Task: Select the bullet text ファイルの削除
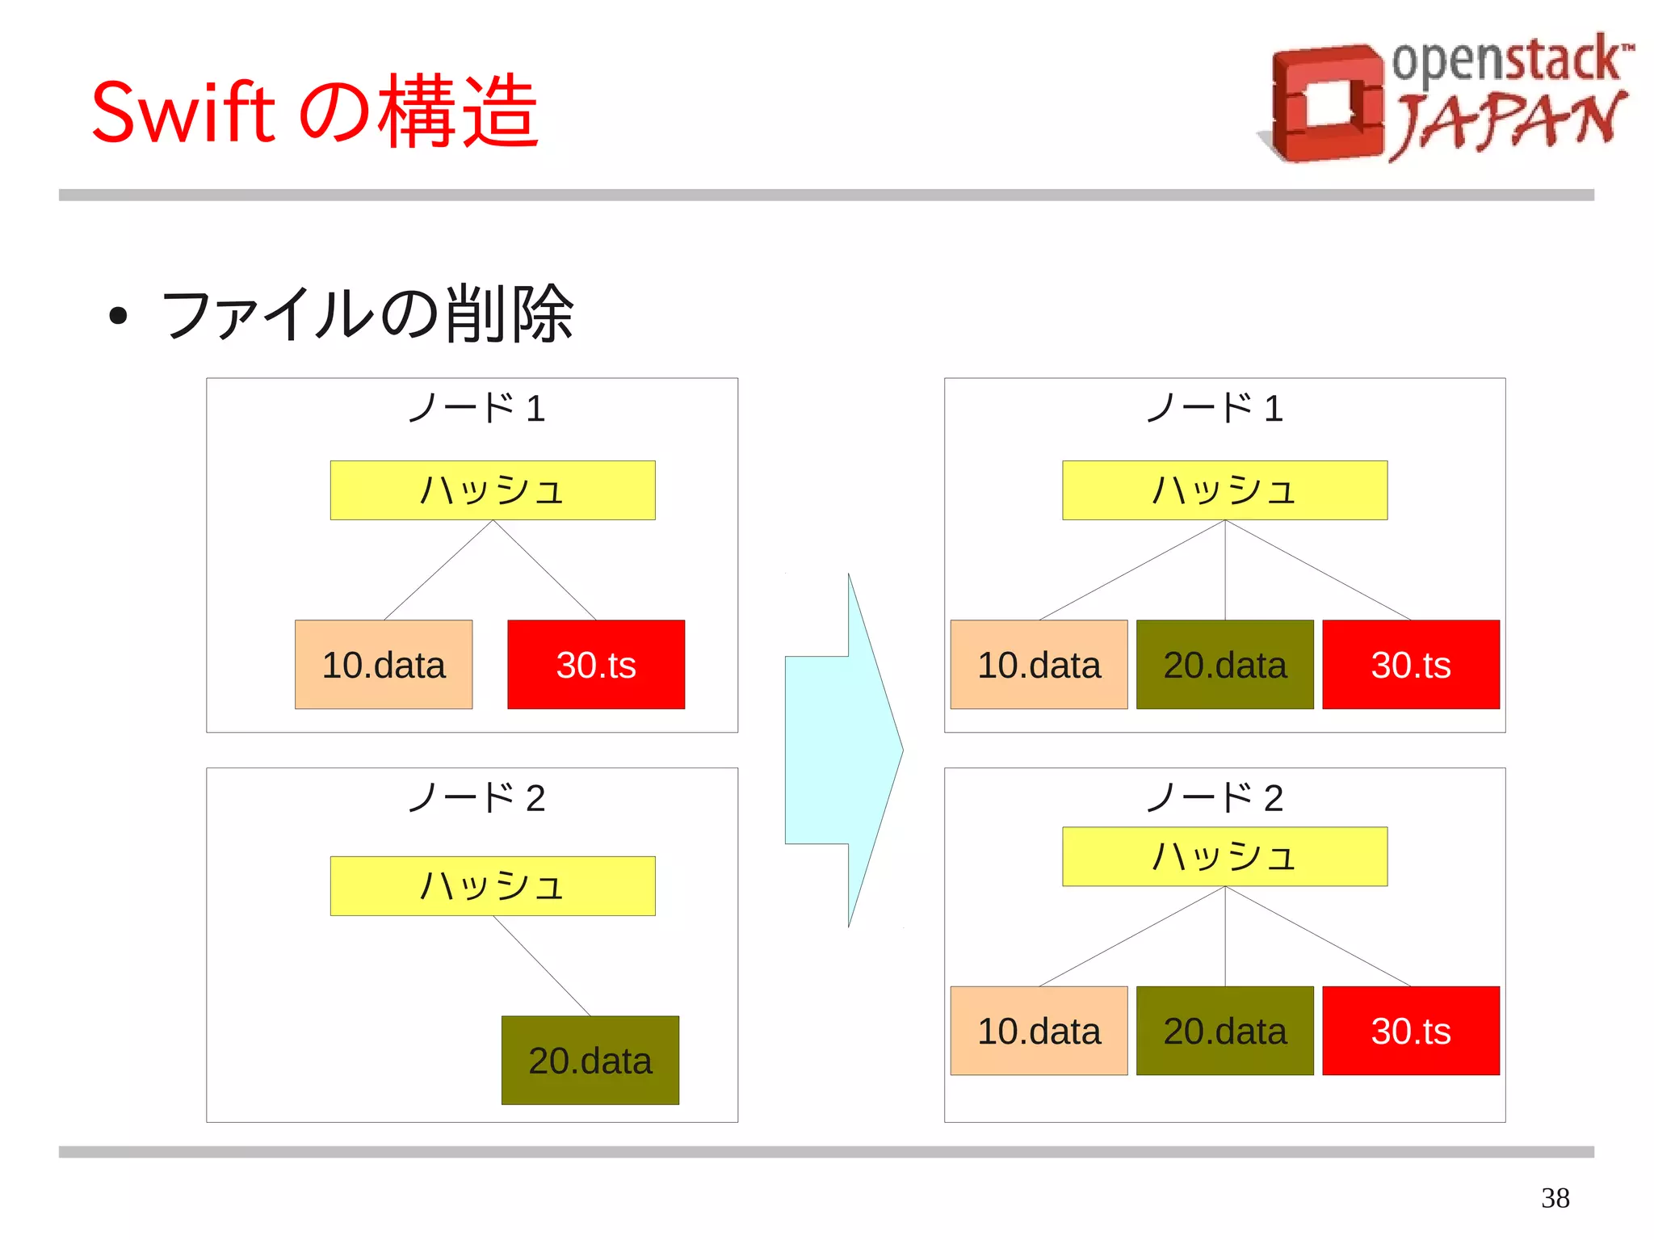coord(367,314)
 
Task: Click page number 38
coord(1555,1197)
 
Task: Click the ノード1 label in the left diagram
coord(476,408)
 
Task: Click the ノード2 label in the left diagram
coord(476,798)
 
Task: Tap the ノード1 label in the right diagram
coord(1215,408)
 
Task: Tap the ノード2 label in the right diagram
coord(1215,798)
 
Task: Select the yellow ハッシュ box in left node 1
coord(493,490)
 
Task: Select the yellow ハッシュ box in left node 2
coord(493,885)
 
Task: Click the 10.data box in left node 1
coord(384,665)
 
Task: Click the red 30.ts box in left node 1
coord(596,665)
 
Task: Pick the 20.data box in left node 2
coord(590,1060)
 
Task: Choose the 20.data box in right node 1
coord(1225,665)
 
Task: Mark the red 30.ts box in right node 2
coord(1411,1031)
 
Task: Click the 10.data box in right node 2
coord(1039,1031)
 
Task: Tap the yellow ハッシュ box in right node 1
coord(1225,490)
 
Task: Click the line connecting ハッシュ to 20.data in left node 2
coord(542,965)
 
